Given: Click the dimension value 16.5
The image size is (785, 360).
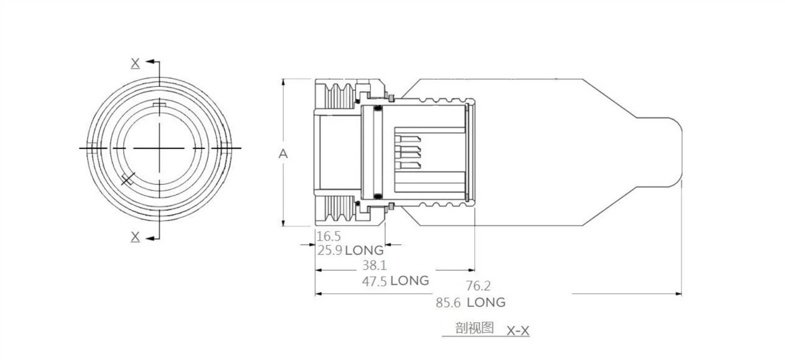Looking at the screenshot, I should [x=328, y=237].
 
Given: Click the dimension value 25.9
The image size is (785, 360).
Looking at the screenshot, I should [x=329, y=250].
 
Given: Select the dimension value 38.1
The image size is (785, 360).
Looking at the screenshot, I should [x=374, y=265].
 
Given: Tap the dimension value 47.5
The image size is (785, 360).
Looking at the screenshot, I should [x=374, y=282].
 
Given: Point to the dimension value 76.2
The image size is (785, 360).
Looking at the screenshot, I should [x=478, y=285].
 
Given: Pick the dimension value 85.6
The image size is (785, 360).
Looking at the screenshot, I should [x=448, y=303].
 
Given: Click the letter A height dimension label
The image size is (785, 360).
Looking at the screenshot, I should [x=283, y=154].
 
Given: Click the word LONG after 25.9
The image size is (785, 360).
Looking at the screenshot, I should [x=364, y=250].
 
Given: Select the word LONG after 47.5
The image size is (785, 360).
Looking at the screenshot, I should [x=410, y=281].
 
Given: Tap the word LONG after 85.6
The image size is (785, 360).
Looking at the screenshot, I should [x=486, y=302].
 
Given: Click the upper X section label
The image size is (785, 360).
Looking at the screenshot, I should [x=135, y=63].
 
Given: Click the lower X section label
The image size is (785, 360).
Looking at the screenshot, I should [x=135, y=237].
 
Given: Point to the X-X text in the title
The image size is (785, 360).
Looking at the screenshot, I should [x=518, y=331].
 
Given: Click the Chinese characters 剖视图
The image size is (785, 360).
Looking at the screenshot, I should [x=474, y=328].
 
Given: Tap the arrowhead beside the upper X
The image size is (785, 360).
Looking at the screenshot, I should [x=150, y=62].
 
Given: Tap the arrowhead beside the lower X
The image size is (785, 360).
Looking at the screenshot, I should [x=150, y=238].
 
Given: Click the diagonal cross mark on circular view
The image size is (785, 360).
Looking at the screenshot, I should [x=128, y=179].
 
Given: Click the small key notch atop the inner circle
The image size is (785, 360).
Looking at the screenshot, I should [x=159, y=104].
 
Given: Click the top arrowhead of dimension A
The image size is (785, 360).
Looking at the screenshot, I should [x=283, y=82].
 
